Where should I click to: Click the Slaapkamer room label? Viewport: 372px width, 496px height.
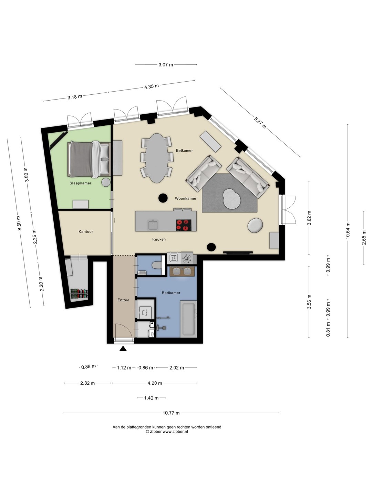point(80,183)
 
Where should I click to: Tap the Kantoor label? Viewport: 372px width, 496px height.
point(86,231)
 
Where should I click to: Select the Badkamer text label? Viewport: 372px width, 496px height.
point(171,293)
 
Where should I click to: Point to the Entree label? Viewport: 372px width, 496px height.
point(123,300)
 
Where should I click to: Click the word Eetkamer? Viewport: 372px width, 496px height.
point(185,151)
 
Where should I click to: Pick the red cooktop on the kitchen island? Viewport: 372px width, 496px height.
point(184,225)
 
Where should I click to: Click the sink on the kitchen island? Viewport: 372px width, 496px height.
point(153,225)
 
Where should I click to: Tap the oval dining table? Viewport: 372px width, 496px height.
point(157,158)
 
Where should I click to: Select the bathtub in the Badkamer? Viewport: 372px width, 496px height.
point(188,319)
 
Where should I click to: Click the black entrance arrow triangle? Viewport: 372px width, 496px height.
point(123,349)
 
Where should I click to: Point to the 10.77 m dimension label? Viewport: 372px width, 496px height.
point(171,413)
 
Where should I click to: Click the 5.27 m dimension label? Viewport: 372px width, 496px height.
point(260,123)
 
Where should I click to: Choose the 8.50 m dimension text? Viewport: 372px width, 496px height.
point(19,223)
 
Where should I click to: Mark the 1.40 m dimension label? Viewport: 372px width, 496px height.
point(151,398)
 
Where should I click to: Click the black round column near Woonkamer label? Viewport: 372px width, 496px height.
point(163,198)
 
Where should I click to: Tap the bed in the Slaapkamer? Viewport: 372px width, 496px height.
point(89,159)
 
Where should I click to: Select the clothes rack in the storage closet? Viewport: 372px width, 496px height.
point(79,294)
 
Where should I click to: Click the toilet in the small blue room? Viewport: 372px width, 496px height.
point(157,265)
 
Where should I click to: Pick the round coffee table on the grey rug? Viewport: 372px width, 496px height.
point(232,199)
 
